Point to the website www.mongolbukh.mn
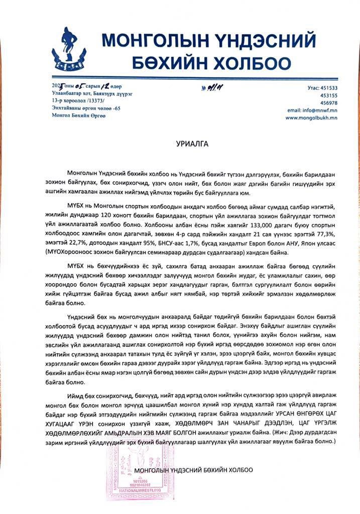pos(311,117)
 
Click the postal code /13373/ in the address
pos(96,100)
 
